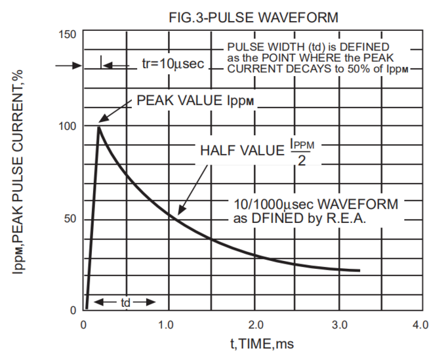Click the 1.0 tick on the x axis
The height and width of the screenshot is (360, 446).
coord(167,324)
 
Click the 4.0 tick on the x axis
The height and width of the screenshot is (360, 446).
coord(420,324)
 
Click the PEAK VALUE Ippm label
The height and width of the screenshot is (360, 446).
coord(195,101)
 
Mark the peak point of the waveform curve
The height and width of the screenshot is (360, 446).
coord(99,127)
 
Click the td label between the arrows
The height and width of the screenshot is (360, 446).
coord(125,302)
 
